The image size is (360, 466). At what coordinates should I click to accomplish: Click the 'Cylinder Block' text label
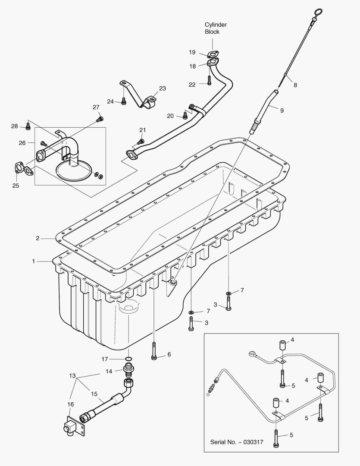click(215, 28)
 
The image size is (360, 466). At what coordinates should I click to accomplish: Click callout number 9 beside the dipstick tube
click(282, 110)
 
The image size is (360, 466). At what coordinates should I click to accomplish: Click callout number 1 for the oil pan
click(33, 261)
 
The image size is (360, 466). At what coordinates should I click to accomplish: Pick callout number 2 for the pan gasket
click(38, 238)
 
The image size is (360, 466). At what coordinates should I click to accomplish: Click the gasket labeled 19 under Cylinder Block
click(211, 54)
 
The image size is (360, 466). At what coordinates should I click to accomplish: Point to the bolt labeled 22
click(209, 81)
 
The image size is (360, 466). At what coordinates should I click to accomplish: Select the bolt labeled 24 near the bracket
click(124, 101)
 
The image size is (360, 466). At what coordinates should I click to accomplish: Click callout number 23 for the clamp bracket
click(162, 88)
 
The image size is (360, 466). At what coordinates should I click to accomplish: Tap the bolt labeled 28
click(28, 126)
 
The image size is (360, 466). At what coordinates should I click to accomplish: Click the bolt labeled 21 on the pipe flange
click(140, 141)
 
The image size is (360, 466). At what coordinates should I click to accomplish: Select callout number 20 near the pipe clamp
click(171, 116)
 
